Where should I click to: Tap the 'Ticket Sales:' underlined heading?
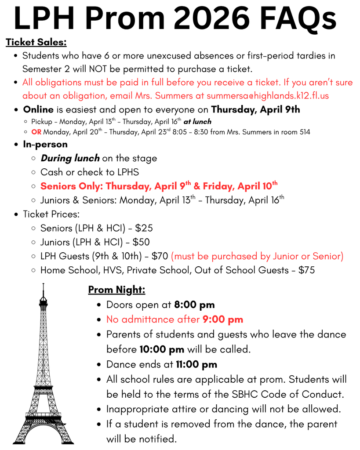(x=36, y=43)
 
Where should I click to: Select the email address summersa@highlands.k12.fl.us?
(x=268, y=95)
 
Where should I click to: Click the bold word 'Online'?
(x=38, y=109)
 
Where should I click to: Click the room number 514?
(x=303, y=132)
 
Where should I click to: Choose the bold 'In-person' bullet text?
(x=45, y=145)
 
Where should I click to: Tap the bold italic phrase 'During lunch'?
(x=70, y=158)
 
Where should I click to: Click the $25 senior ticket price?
(x=144, y=228)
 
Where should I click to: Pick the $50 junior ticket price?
(x=141, y=242)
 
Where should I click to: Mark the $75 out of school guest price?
(x=306, y=270)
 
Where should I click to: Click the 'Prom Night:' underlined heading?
(x=116, y=290)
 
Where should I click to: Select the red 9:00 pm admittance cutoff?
(x=222, y=319)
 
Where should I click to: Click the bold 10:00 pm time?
(x=162, y=350)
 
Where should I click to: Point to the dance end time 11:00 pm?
(x=196, y=364)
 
